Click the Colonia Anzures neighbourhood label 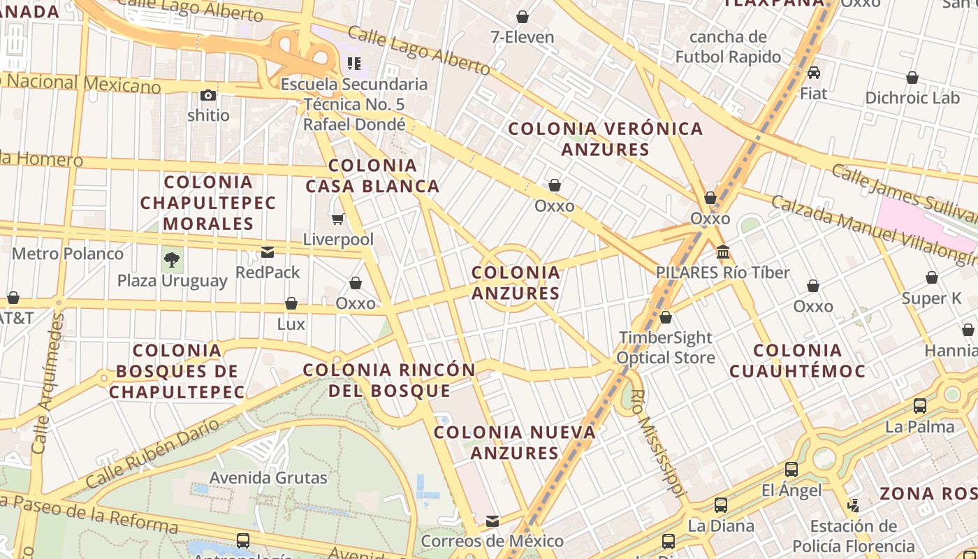[516, 282]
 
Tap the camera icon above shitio [208, 95]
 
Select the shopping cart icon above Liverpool [338, 219]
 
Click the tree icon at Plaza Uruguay [172, 261]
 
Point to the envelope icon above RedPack [268, 252]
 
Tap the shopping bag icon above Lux [291, 303]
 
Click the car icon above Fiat [813, 73]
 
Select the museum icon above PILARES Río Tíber [723, 252]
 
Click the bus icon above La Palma [920, 406]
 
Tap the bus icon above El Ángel [791, 470]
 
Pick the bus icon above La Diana [721, 504]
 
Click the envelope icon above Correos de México [492, 521]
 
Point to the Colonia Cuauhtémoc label [797, 361]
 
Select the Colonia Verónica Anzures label [605, 138]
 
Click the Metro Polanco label [68, 254]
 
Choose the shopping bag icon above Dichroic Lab [912, 78]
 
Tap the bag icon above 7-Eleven [522, 17]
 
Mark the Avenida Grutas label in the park [269, 478]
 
